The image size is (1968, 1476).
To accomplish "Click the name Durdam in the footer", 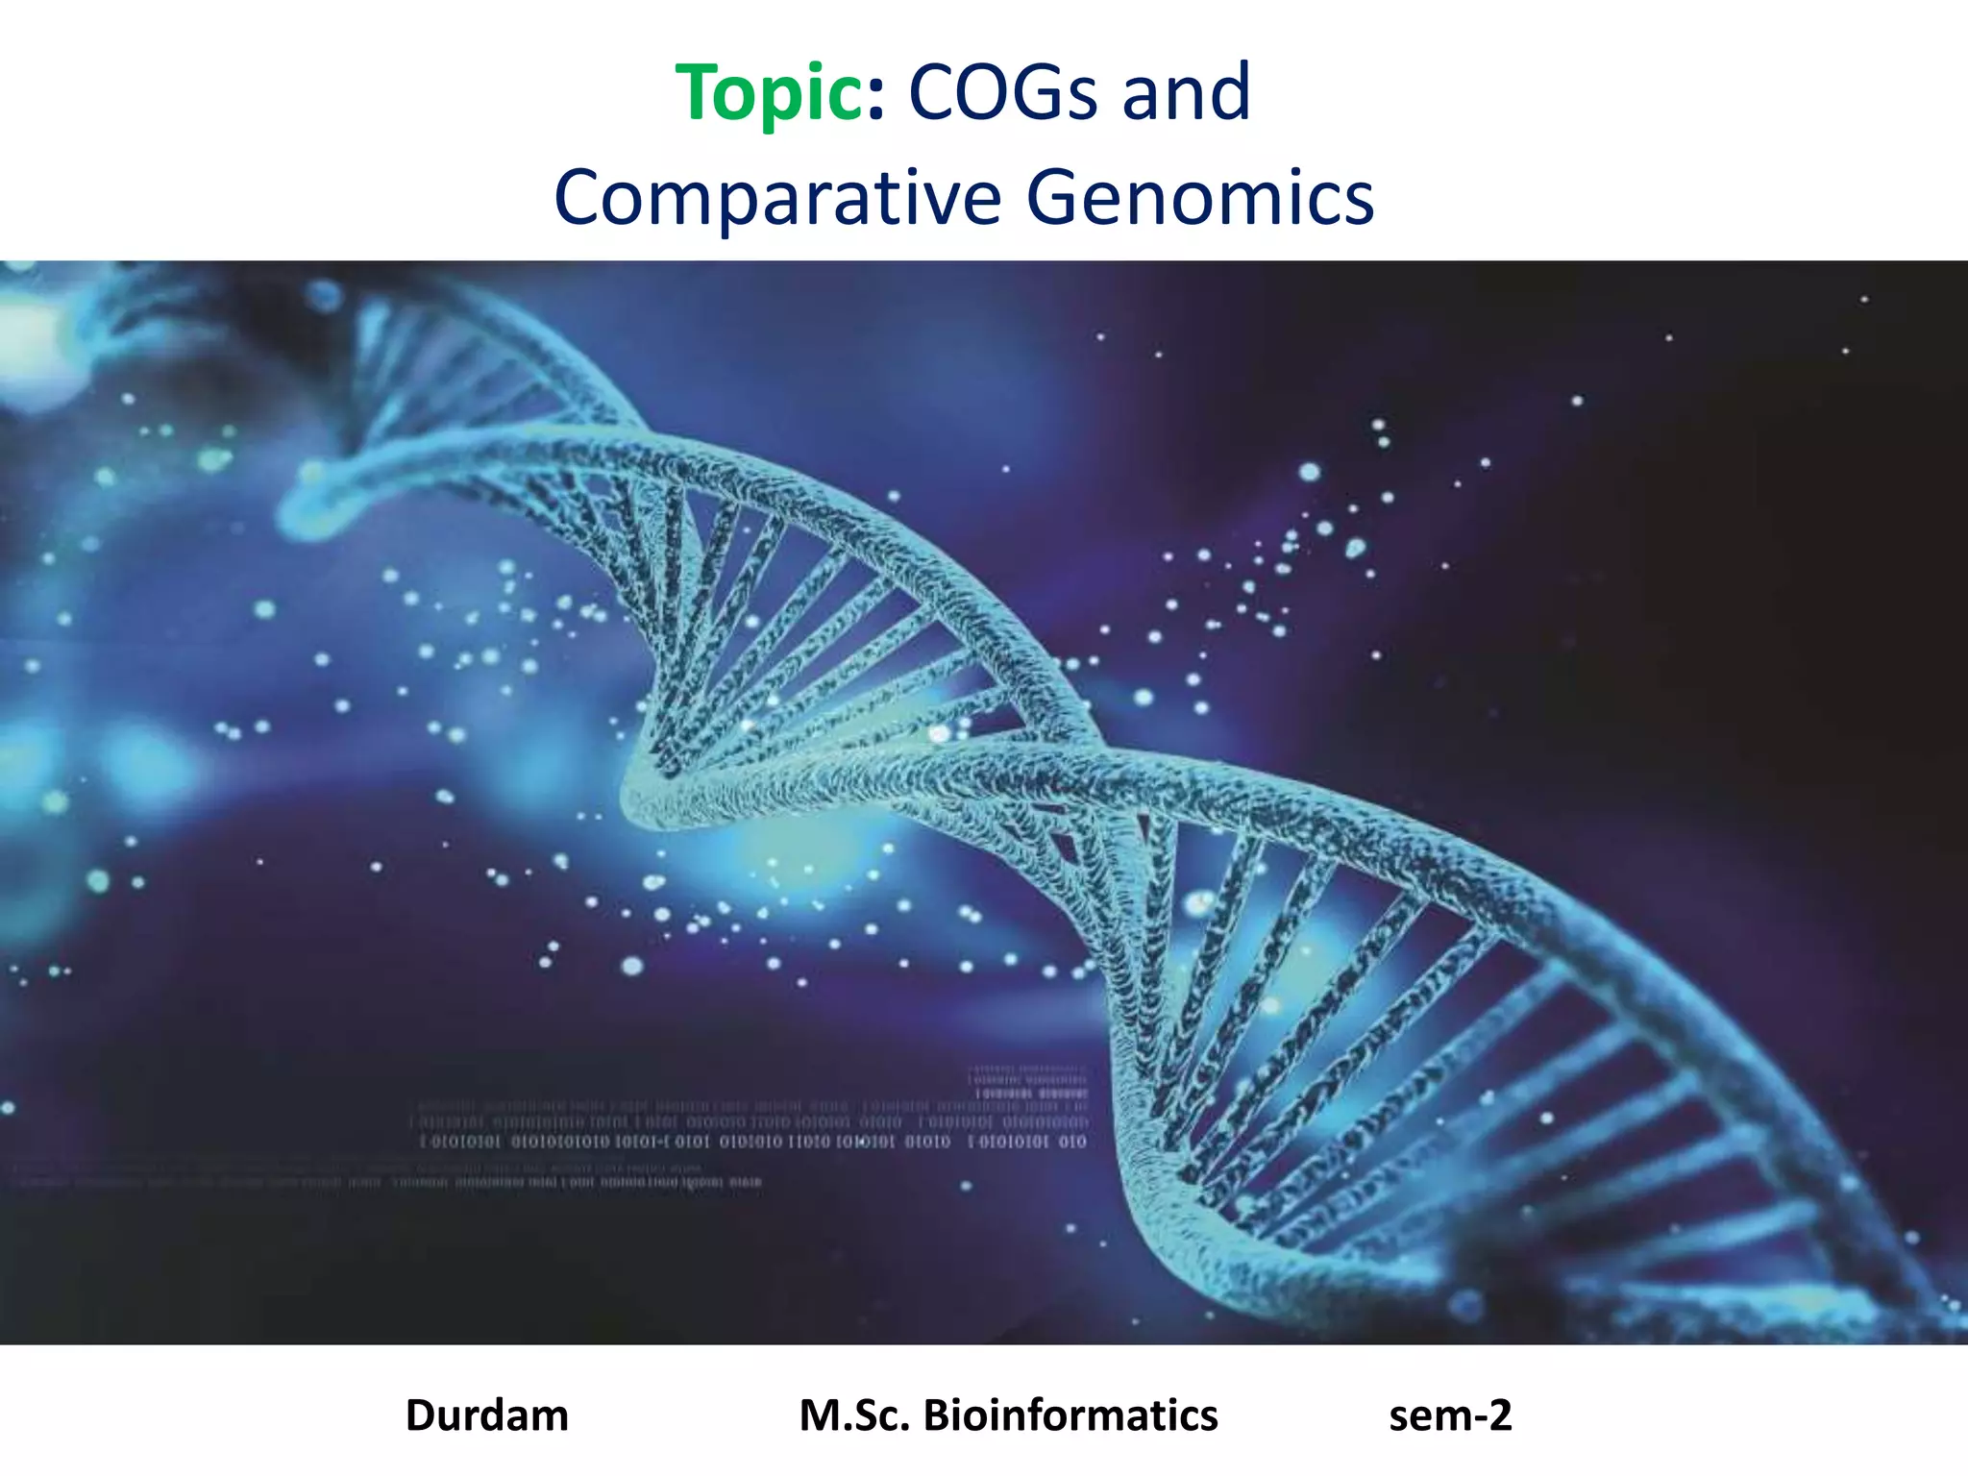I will coord(487,1415).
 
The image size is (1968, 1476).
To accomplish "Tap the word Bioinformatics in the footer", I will coord(1070,1415).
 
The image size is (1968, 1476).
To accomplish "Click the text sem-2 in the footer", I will coord(1450,1415).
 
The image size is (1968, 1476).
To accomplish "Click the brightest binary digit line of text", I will coord(753,1142).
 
